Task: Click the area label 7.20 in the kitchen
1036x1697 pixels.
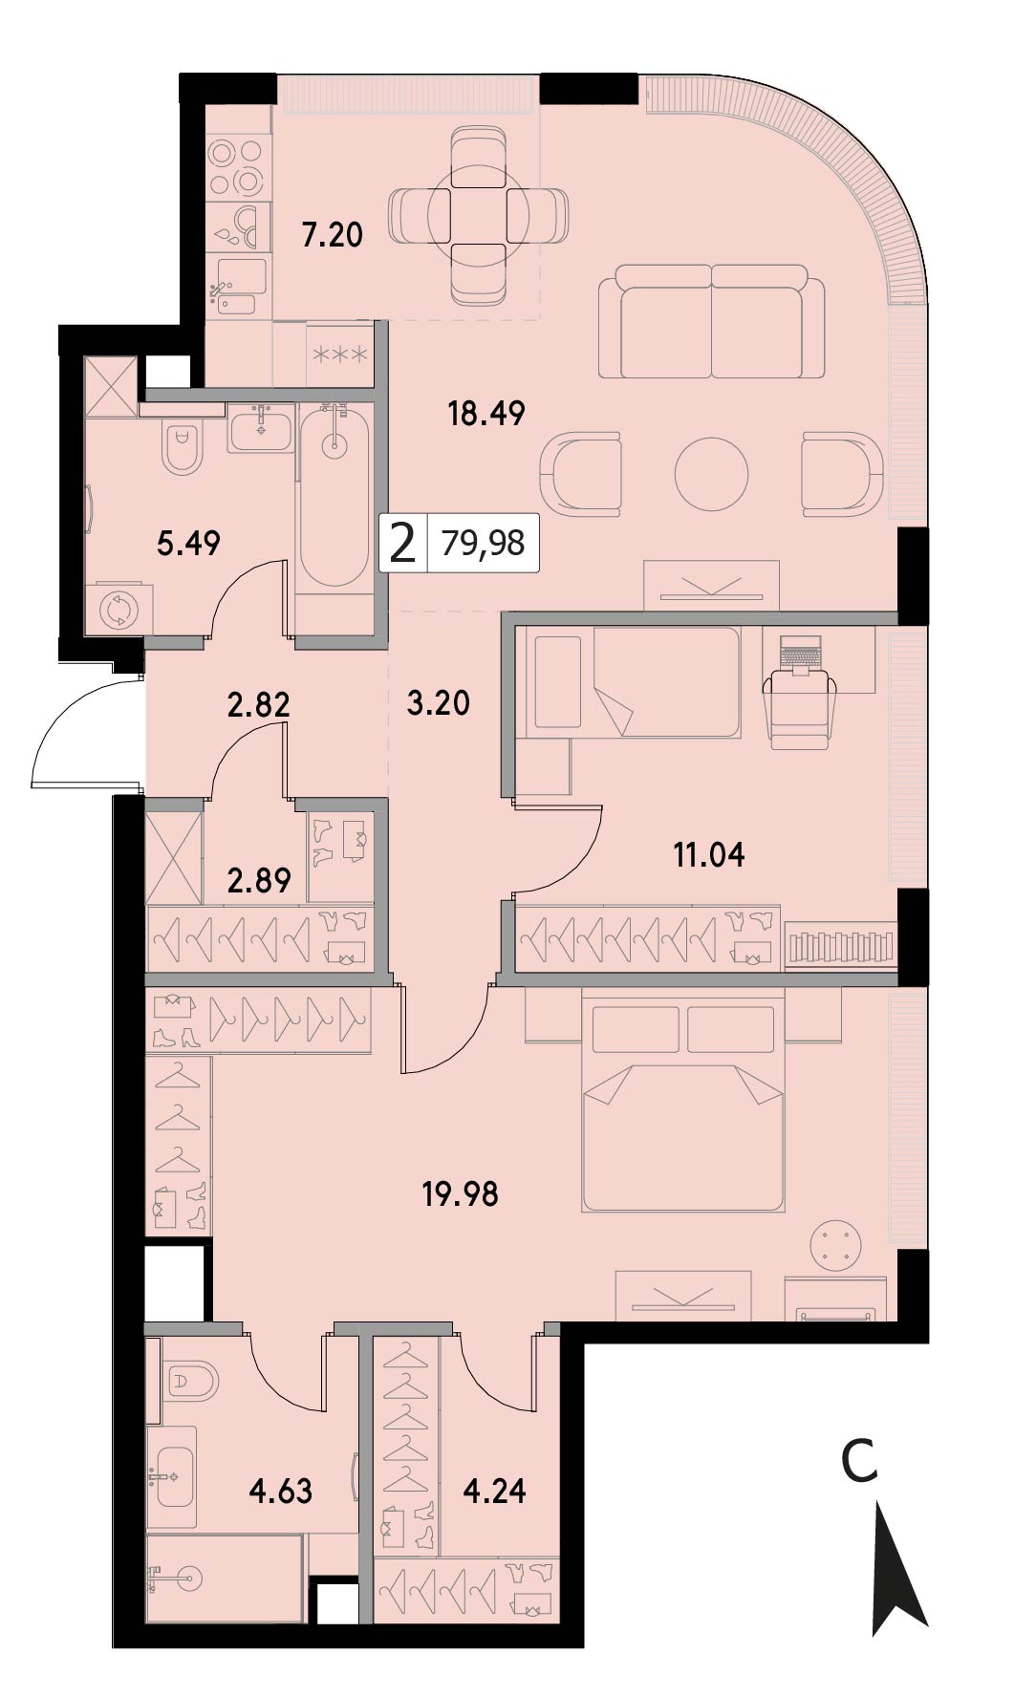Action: [333, 234]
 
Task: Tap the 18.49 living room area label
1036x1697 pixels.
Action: [486, 413]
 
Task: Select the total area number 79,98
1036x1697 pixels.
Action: [484, 543]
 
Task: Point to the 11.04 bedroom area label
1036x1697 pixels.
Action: [709, 854]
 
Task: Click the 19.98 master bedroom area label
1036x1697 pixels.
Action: [461, 1193]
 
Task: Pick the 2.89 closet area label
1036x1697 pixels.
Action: [259, 879]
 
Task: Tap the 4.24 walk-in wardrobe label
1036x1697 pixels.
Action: [494, 1490]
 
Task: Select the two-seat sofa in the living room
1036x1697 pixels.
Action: [712, 322]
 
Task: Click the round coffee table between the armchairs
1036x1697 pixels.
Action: [711, 473]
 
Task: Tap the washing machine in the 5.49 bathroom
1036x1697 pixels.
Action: [119, 609]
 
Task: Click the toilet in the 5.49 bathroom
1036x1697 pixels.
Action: [183, 447]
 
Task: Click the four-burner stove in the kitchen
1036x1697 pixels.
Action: [236, 167]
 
